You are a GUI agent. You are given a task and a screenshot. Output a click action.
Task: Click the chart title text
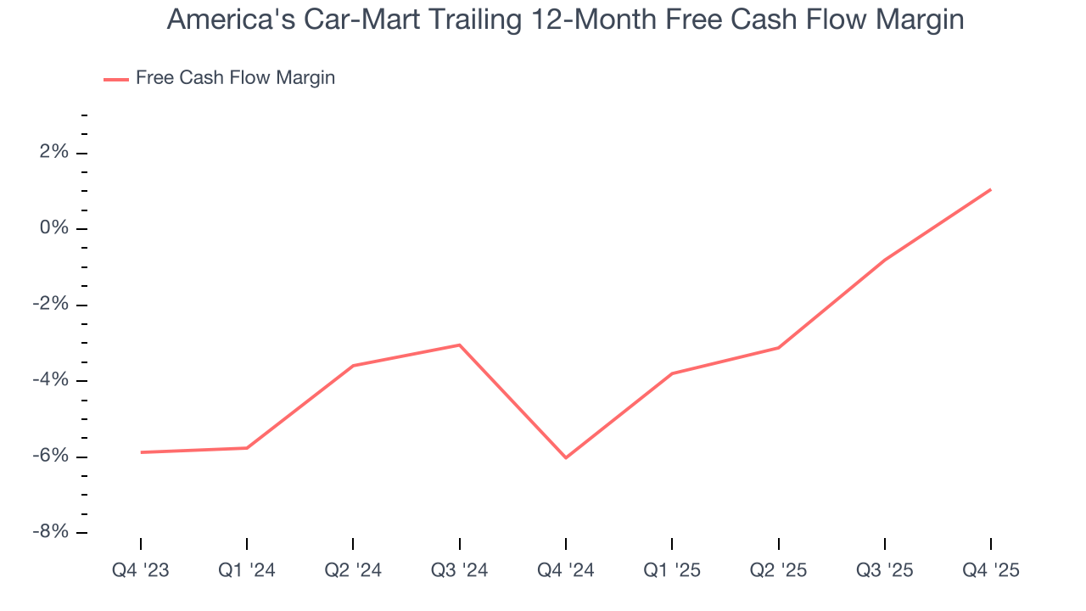(x=565, y=20)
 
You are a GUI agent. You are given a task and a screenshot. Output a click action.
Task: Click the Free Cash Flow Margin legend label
(x=235, y=78)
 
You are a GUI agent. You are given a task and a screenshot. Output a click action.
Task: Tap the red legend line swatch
(x=116, y=79)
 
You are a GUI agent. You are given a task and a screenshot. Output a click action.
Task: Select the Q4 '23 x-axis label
(x=141, y=570)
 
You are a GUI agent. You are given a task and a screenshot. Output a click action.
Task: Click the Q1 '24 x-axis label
(x=247, y=570)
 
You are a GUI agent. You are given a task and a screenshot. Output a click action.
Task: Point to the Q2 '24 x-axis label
(x=353, y=570)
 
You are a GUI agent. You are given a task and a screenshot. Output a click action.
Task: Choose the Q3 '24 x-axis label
(x=459, y=570)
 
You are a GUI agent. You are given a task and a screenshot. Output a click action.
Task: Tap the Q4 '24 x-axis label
(x=566, y=570)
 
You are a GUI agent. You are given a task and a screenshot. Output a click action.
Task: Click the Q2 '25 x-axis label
(x=778, y=570)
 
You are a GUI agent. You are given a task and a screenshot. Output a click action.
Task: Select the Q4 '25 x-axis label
(x=990, y=570)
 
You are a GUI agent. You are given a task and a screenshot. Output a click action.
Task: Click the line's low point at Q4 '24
(x=566, y=457)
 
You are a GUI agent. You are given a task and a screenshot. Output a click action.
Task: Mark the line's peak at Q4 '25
(x=990, y=189)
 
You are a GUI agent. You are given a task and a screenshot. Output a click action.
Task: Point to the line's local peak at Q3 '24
(x=459, y=345)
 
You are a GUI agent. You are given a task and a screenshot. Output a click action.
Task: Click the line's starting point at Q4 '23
(x=141, y=452)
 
